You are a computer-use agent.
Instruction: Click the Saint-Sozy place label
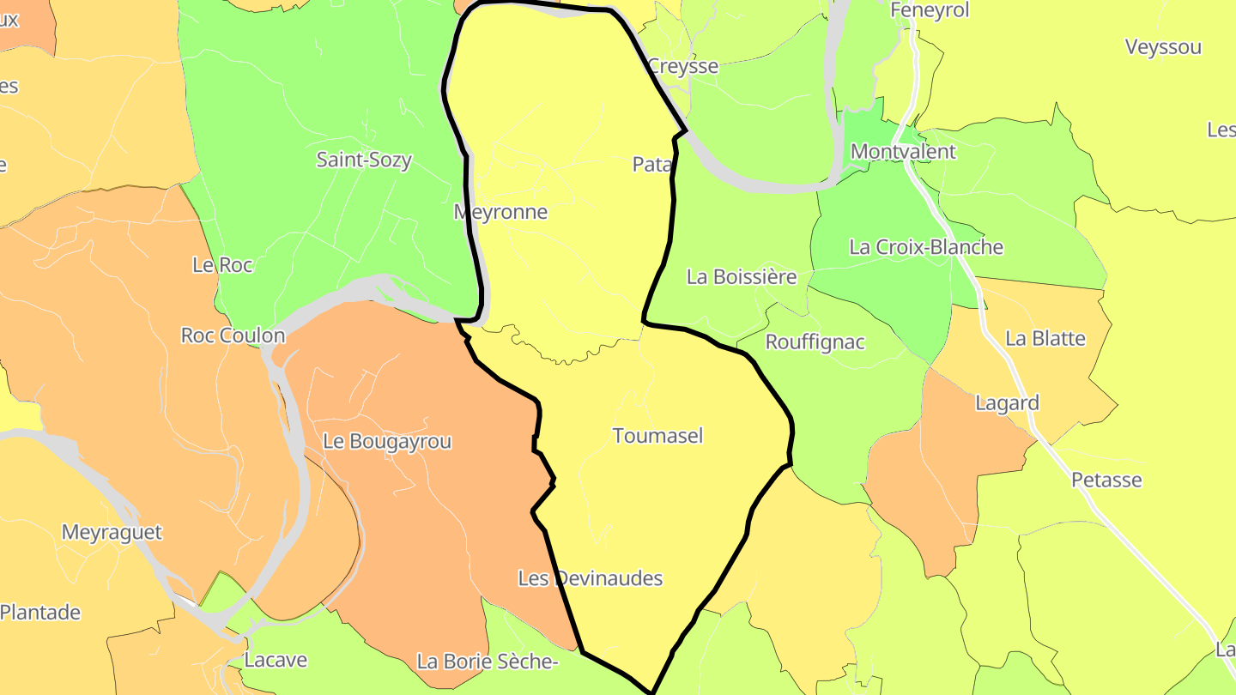click(x=364, y=160)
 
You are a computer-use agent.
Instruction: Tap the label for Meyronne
click(x=500, y=212)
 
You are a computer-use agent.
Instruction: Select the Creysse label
click(x=682, y=66)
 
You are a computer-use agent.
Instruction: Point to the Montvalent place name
click(x=902, y=152)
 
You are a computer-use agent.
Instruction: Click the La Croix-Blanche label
click(x=925, y=247)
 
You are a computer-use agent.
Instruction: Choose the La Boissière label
click(x=742, y=277)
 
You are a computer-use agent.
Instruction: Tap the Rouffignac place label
click(x=815, y=342)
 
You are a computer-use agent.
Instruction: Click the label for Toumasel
click(x=657, y=436)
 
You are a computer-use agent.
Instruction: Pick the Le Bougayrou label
click(x=387, y=441)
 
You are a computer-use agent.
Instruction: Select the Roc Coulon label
click(x=233, y=335)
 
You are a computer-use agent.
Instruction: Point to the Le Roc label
click(x=222, y=265)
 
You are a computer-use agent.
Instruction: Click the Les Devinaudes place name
click(x=591, y=578)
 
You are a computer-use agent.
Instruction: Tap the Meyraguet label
click(x=112, y=532)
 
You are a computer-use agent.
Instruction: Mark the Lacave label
click(x=276, y=661)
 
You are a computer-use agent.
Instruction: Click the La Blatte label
click(x=1045, y=339)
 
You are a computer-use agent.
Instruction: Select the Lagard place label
click(x=1007, y=403)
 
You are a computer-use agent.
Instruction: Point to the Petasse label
click(x=1106, y=480)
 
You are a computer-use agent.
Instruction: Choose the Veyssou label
click(x=1163, y=47)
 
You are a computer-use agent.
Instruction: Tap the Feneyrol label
click(x=930, y=10)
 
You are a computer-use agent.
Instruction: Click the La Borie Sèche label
click(x=488, y=662)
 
